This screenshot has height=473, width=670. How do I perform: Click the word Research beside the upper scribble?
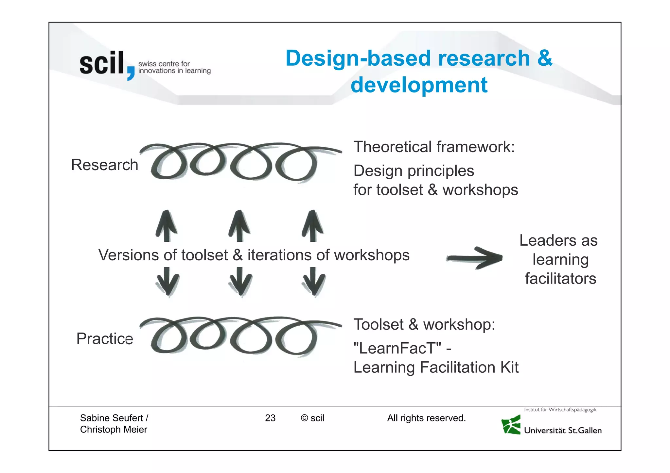pyautogui.click(x=104, y=165)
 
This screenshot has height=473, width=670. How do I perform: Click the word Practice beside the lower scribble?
pyautogui.click(x=105, y=338)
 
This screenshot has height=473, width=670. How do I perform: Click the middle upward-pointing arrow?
pyautogui.click(x=239, y=226)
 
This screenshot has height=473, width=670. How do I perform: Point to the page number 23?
pyautogui.click(x=270, y=418)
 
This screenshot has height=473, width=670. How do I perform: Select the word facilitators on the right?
pyautogui.click(x=560, y=279)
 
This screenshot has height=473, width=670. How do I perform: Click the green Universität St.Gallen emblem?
pyautogui.click(x=511, y=425)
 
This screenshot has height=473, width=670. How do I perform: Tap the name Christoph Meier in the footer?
pyautogui.click(x=114, y=429)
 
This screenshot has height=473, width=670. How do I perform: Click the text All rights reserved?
pyautogui.click(x=426, y=418)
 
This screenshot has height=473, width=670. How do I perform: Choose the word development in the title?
pyautogui.click(x=419, y=85)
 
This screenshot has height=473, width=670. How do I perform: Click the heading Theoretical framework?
pyautogui.click(x=434, y=147)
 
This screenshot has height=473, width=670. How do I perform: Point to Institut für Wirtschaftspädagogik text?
pyautogui.click(x=560, y=410)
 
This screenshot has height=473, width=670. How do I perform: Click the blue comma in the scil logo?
pyautogui.click(x=131, y=73)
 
